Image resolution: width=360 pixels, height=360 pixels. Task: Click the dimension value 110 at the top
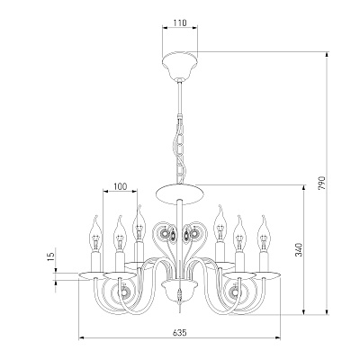point(180,22)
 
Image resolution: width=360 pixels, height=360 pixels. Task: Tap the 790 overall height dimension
point(321,183)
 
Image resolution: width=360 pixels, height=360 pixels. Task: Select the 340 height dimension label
point(299,249)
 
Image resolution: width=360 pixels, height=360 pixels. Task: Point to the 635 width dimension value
point(180,332)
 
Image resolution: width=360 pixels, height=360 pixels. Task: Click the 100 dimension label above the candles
point(121,186)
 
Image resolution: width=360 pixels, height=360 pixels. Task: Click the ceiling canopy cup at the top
point(180,66)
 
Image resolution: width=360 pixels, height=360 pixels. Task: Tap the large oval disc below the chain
point(180,194)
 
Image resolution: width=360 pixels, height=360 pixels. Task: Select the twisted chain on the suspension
point(180,150)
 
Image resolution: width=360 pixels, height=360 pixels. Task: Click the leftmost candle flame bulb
point(95,234)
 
